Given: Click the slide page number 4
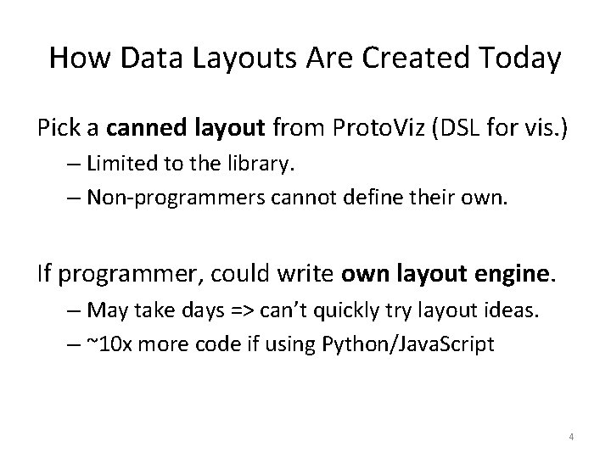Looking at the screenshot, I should [572, 437].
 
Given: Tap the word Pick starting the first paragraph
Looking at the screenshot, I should [55, 129].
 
